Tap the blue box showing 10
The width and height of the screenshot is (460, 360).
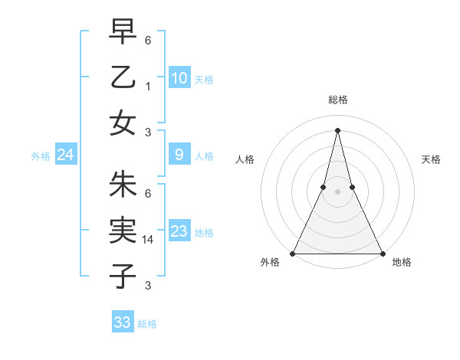tap(179, 77)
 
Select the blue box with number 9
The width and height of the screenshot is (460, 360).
tap(179, 155)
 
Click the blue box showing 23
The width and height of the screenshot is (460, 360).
tap(179, 231)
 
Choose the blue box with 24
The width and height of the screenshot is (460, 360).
tap(66, 155)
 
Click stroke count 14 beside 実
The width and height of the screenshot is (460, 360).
tap(149, 239)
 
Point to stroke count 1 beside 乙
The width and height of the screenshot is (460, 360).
tap(147, 87)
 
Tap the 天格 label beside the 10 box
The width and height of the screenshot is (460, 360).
tap(204, 79)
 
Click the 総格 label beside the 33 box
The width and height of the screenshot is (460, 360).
tap(147, 324)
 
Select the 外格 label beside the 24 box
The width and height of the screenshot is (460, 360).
tap(41, 156)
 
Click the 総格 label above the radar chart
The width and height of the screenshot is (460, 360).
tap(337, 100)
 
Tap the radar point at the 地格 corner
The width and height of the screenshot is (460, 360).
tap(382, 253)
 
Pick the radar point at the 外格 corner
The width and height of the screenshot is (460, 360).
tap(293, 253)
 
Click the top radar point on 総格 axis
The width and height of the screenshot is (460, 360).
tap(337, 129)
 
